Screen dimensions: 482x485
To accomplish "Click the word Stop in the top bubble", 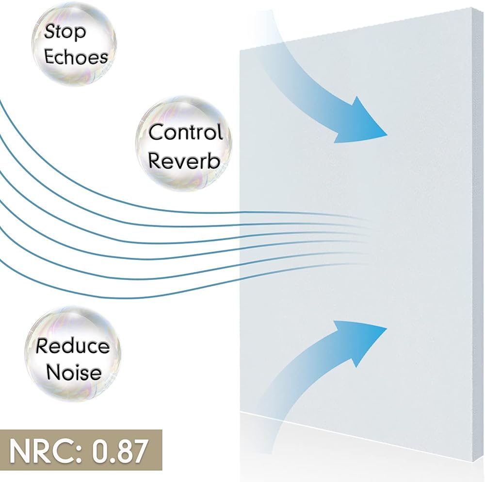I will point(65,32).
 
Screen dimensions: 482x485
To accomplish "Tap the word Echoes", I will point(76,56).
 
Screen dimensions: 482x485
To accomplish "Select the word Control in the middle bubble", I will point(185,132).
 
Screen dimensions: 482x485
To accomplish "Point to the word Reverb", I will point(184,161).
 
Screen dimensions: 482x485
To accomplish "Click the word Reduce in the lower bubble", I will point(73,346).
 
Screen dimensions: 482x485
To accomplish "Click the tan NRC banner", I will point(80,452).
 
